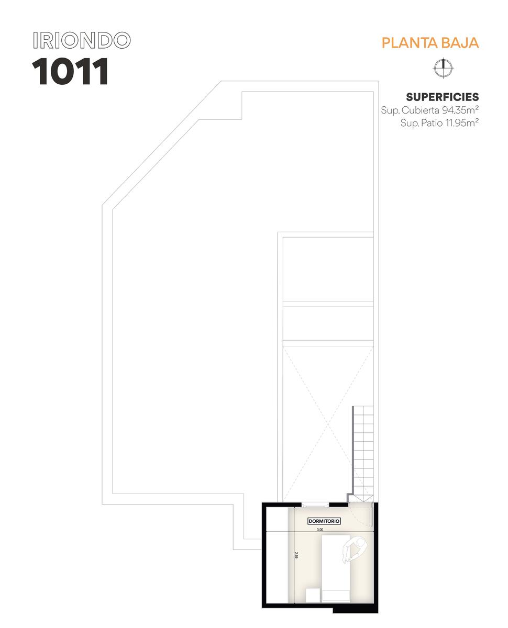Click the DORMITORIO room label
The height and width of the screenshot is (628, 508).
click(324, 521)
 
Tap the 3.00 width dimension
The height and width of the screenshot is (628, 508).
click(320, 530)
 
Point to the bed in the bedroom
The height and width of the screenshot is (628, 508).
click(335, 569)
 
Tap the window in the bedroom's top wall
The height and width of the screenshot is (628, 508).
click(315, 505)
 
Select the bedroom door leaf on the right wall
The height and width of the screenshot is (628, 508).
click(372, 514)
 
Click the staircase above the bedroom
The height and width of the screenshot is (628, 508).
click(363, 454)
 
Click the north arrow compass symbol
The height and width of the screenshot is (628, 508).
click(443, 68)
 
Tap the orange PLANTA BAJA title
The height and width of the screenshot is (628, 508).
click(430, 43)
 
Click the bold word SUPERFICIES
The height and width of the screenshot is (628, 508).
click(443, 97)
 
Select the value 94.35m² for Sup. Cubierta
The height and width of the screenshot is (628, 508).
click(460, 110)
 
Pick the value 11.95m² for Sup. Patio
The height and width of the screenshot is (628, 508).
click(462, 122)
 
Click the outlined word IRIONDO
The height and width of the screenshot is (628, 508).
click(82, 40)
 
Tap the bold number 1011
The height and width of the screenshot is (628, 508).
click(70, 71)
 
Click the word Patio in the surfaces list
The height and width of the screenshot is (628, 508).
click(432, 122)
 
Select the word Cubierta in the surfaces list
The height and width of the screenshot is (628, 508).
click(421, 110)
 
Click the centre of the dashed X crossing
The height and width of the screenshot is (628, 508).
click(328, 424)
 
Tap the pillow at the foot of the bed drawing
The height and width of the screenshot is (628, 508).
click(335, 597)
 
